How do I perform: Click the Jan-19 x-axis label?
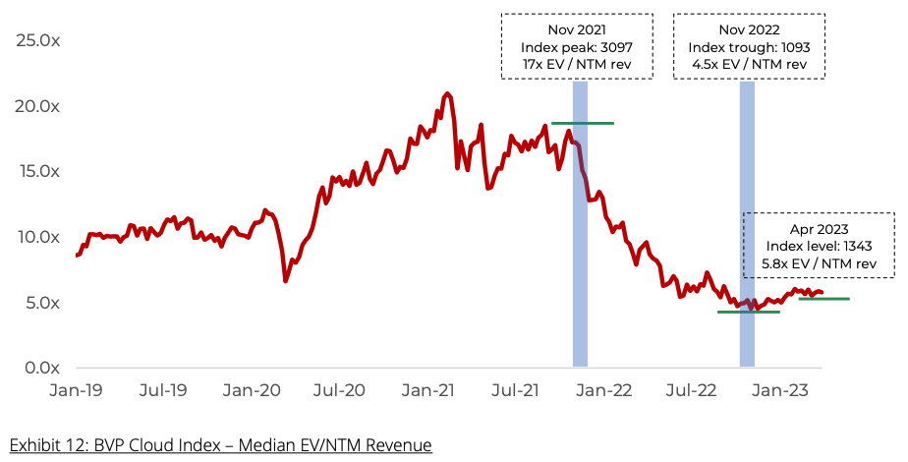coord(77,390)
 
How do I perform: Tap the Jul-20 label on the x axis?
coord(341,390)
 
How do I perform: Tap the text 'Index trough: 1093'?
coord(748,48)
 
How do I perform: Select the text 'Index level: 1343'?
coord(818,246)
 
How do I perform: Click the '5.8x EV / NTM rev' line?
coord(818,263)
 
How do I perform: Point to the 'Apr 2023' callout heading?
coord(818,228)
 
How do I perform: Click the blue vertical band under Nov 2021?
coord(580,246)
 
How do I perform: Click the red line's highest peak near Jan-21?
coord(447,93)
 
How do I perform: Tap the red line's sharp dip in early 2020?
coord(286,281)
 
